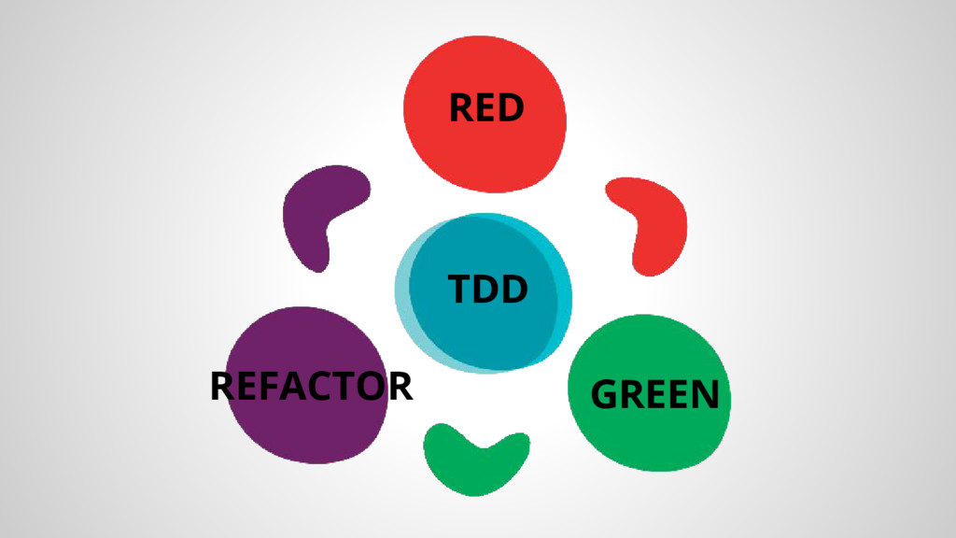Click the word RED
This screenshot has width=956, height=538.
(485, 108)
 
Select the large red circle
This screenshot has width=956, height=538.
(485, 149)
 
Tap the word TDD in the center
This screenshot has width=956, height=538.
(487, 290)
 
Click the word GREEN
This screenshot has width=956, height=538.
(655, 394)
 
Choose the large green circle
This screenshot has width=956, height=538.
(649, 355)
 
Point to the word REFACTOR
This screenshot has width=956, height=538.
(311, 386)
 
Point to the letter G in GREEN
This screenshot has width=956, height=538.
(605, 395)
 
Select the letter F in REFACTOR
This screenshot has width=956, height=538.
(269, 386)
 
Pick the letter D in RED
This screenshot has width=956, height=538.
(510, 108)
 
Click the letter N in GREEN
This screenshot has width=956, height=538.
(705, 395)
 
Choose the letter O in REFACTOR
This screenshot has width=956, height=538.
(372, 386)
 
